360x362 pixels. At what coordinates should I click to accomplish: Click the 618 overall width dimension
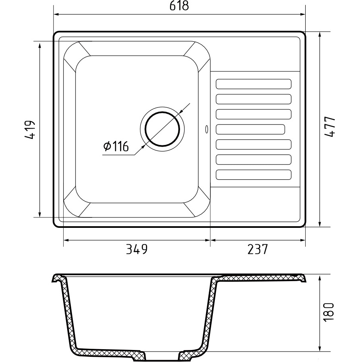coord(179,6)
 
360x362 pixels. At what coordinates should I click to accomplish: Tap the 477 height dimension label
coord(329,127)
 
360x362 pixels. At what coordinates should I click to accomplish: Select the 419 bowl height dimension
coord(30,129)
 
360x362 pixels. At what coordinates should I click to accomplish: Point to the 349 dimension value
coord(137,249)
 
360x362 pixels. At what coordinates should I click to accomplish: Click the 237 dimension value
coord(258,249)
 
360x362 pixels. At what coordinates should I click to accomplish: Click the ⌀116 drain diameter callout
coord(116,146)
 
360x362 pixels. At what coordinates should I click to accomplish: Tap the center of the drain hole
coord(162,129)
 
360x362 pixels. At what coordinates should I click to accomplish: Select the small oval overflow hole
coord(206,129)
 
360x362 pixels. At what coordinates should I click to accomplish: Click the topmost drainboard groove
coord(254,84)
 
